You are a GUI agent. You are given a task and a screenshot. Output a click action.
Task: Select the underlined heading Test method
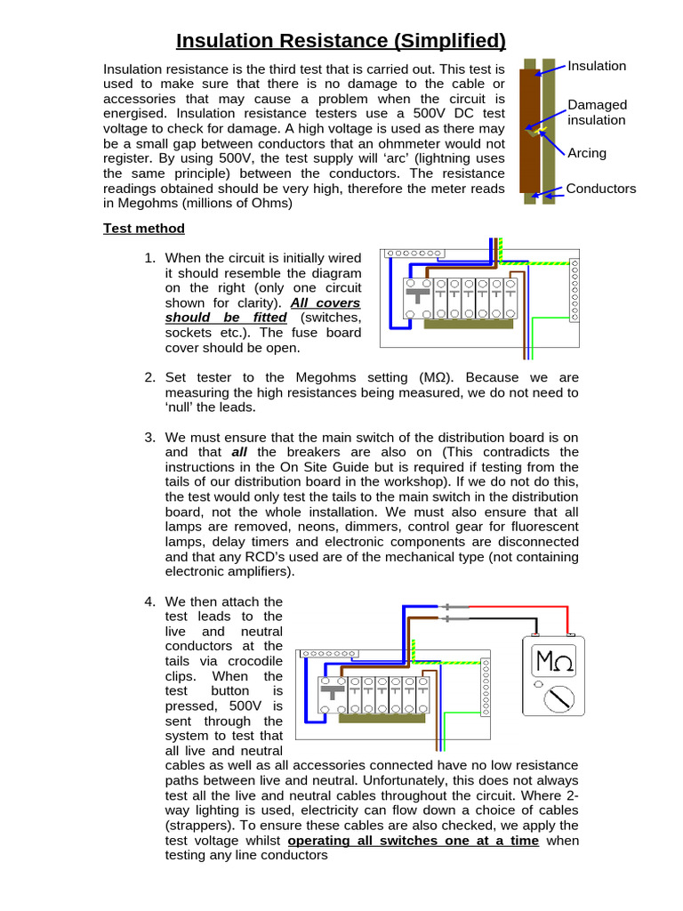click(x=144, y=229)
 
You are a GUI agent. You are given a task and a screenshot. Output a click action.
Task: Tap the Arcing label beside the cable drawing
click(x=587, y=153)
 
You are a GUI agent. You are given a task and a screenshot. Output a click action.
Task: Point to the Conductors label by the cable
click(x=602, y=189)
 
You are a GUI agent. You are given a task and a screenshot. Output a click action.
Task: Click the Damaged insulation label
click(x=597, y=112)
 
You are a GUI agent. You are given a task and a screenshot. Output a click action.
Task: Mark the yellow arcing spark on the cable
click(x=535, y=131)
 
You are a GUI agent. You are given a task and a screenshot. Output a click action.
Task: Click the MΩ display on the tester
click(x=553, y=661)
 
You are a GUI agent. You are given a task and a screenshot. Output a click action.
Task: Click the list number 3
click(x=150, y=437)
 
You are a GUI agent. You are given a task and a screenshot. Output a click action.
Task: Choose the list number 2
click(x=150, y=377)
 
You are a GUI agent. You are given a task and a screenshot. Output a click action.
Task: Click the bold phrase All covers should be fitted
click(x=263, y=310)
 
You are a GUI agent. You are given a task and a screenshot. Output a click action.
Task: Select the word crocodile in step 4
click(x=253, y=661)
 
